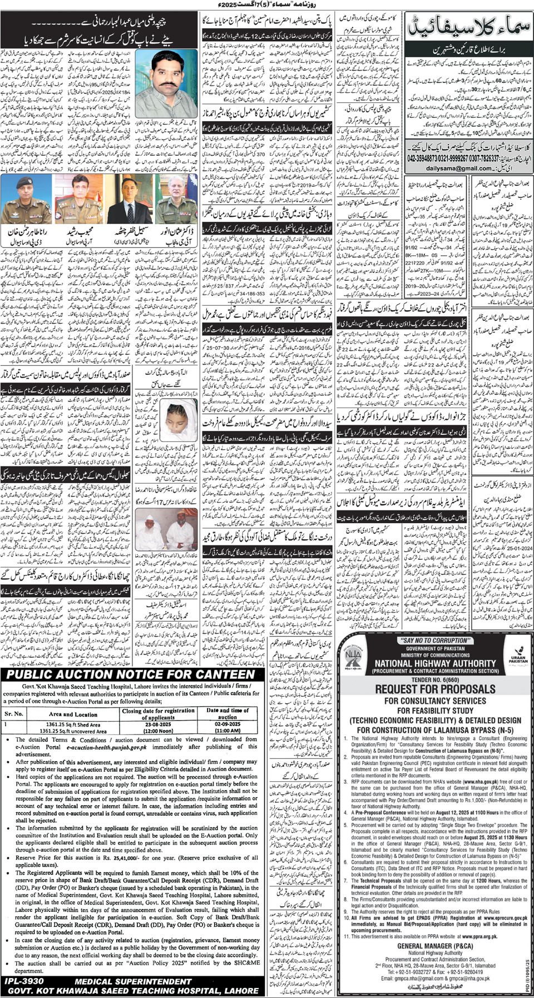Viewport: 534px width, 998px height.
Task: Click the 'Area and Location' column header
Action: coord(73,714)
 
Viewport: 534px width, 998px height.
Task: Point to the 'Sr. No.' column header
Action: coord(14,714)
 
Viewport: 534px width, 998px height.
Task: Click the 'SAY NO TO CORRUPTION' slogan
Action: coord(436,640)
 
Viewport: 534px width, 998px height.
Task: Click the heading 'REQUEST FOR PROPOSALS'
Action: coord(435,688)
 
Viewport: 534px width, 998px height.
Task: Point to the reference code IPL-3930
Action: coord(24,981)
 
